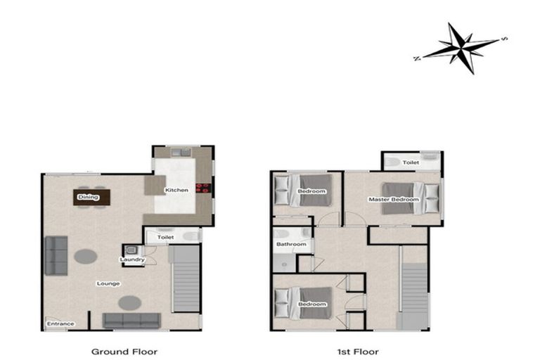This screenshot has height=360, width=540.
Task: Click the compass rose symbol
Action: (x=461, y=46)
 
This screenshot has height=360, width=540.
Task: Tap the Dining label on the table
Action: (x=89, y=198)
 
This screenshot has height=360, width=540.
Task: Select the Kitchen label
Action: (x=176, y=191)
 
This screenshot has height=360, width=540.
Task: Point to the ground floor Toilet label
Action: (x=165, y=238)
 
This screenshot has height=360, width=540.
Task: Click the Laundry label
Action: (x=132, y=259)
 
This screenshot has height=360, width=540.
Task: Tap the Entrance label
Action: (x=60, y=323)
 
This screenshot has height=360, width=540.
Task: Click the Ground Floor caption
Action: (x=125, y=351)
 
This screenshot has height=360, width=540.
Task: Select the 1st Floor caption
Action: (x=359, y=351)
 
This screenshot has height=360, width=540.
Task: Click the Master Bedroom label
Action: (x=394, y=200)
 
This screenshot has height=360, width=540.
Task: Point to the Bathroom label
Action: (x=291, y=245)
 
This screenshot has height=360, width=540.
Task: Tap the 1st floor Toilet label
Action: (x=411, y=162)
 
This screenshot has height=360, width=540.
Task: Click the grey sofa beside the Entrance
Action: (x=132, y=321)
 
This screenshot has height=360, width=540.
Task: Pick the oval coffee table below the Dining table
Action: (x=86, y=256)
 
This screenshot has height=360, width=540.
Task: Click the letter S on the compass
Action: (x=503, y=39)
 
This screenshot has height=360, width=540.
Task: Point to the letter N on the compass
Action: (x=417, y=58)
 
